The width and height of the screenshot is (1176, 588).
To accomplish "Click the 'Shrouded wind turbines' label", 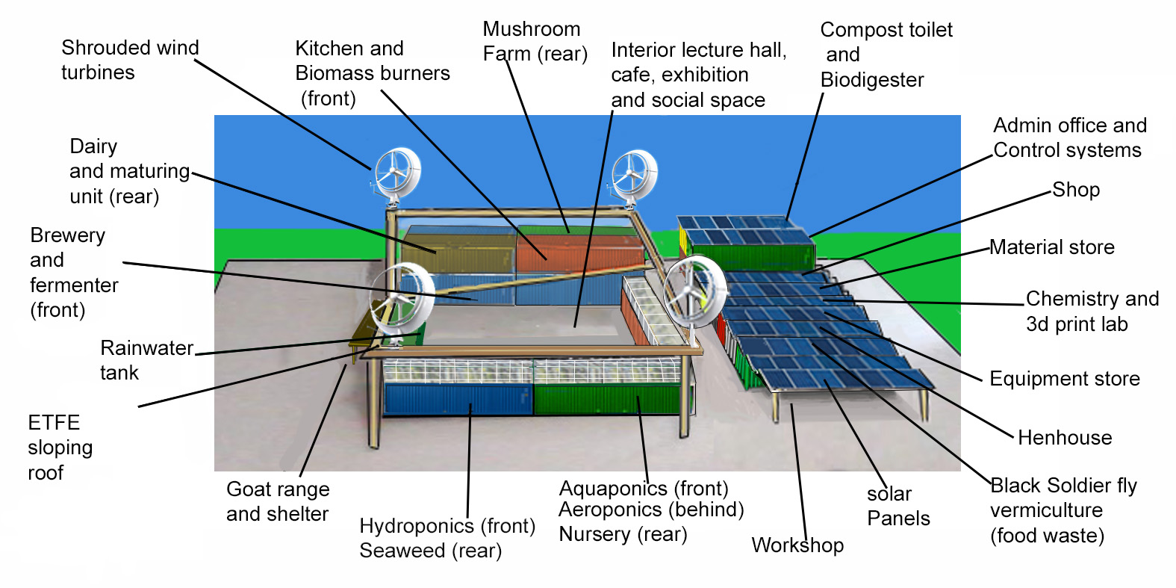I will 129,60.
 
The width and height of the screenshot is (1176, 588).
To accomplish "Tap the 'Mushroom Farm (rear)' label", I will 535,41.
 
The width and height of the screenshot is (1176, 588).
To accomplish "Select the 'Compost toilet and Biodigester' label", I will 886,55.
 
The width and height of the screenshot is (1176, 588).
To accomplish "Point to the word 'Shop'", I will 1076,190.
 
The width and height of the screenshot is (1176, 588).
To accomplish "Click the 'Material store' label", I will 1051,247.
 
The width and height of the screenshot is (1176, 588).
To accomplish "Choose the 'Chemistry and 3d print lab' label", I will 1092,311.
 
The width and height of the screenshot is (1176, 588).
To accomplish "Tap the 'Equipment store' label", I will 1064,379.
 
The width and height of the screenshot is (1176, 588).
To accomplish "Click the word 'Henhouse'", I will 1065,438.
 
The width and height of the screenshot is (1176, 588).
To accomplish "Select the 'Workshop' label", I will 797,545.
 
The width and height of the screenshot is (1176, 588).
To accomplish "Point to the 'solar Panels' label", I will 897,506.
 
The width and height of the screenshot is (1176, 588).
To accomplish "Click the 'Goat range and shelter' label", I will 278,501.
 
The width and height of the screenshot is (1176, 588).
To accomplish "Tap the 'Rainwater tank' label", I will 146,360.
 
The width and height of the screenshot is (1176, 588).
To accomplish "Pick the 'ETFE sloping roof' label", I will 60,448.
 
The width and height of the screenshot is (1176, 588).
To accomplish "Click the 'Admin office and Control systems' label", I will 1069,137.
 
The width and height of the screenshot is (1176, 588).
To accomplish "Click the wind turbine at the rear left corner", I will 396,173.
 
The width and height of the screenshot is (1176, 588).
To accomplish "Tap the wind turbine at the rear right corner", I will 634,175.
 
